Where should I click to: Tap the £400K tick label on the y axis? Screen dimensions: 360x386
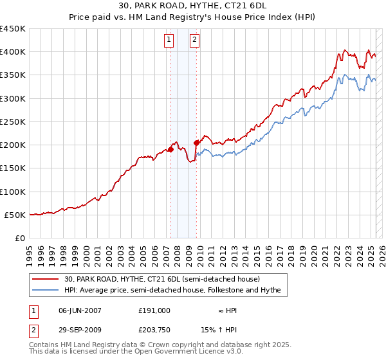(x=13, y=52)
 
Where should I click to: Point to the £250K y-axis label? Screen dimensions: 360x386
(x=13, y=122)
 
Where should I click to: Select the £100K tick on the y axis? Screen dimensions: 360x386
(x=13, y=192)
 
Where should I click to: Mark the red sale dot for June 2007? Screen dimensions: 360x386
(x=170, y=150)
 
